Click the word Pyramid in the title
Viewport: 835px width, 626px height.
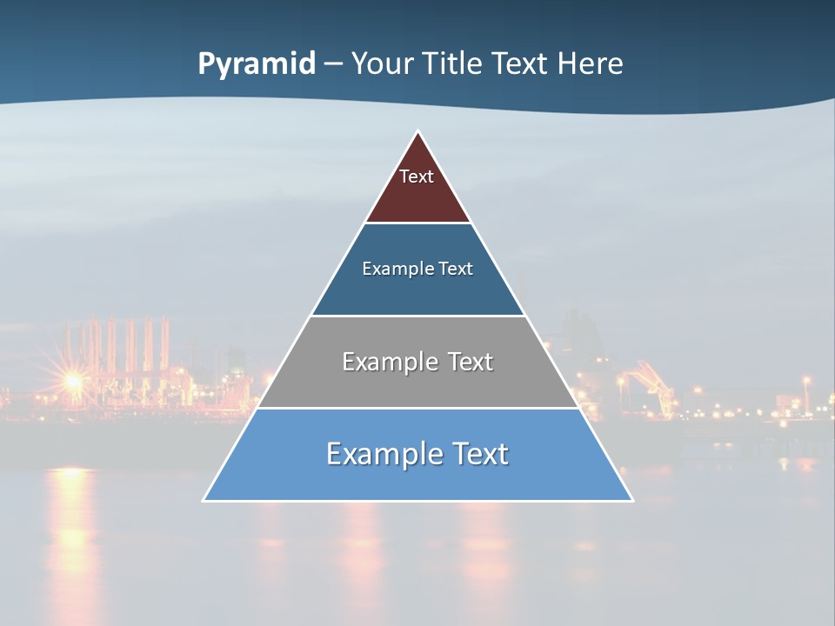coord(257,64)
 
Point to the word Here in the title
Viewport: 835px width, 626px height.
coord(591,63)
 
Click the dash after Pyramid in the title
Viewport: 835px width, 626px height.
coord(333,65)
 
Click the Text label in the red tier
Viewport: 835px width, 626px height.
coord(417,176)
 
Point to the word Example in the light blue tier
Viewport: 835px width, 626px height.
coord(379,454)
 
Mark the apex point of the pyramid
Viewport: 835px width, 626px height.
coord(418,131)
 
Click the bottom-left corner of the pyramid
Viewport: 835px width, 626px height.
coord(204,500)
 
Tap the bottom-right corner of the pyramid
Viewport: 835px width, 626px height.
coord(631,500)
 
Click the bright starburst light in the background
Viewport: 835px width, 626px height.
coord(73,380)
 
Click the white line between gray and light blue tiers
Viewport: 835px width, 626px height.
coord(417,408)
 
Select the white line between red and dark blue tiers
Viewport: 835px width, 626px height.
coord(417,223)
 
